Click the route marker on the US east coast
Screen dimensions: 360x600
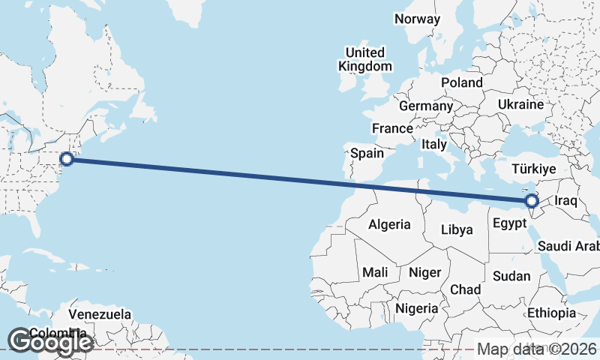(x=67, y=158)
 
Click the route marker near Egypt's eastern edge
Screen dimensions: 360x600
(x=532, y=201)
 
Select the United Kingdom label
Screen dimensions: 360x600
(x=365, y=59)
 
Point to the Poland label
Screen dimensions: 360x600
(x=462, y=82)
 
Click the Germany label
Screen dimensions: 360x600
(x=426, y=106)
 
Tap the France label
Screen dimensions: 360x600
(x=392, y=128)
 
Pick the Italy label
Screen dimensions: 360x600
(x=434, y=143)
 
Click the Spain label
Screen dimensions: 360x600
(x=367, y=154)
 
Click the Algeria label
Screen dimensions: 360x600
(x=389, y=224)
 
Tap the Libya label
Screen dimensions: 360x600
(x=457, y=229)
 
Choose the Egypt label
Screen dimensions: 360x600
(x=509, y=223)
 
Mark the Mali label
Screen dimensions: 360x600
(x=374, y=272)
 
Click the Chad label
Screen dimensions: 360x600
(x=465, y=289)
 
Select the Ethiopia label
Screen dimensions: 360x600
(x=551, y=313)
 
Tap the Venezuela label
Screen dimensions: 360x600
(x=100, y=313)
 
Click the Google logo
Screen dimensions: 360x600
(x=50, y=342)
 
